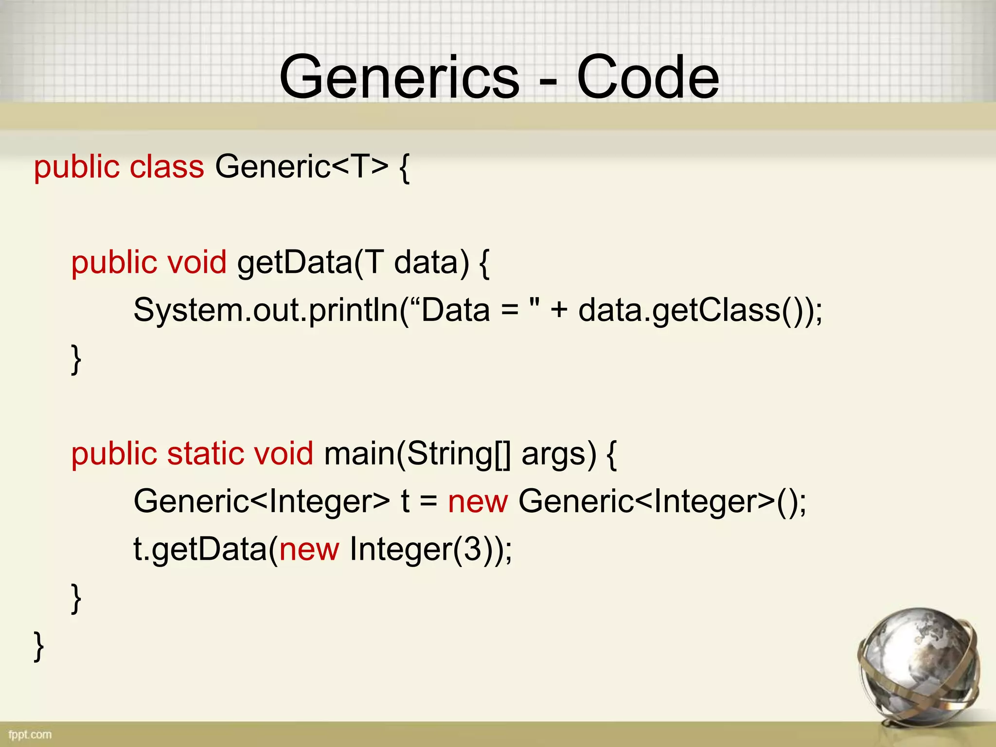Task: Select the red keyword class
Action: coord(167,167)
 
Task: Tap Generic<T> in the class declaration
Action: coord(302,167)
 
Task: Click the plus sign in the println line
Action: coord(559,311)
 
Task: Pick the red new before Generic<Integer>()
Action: coord(478,501)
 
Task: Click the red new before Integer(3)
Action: coord(309,549)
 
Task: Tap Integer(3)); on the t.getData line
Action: coord(430,549)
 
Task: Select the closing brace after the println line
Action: coord(76,359)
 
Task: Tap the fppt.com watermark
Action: coord(30,734)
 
